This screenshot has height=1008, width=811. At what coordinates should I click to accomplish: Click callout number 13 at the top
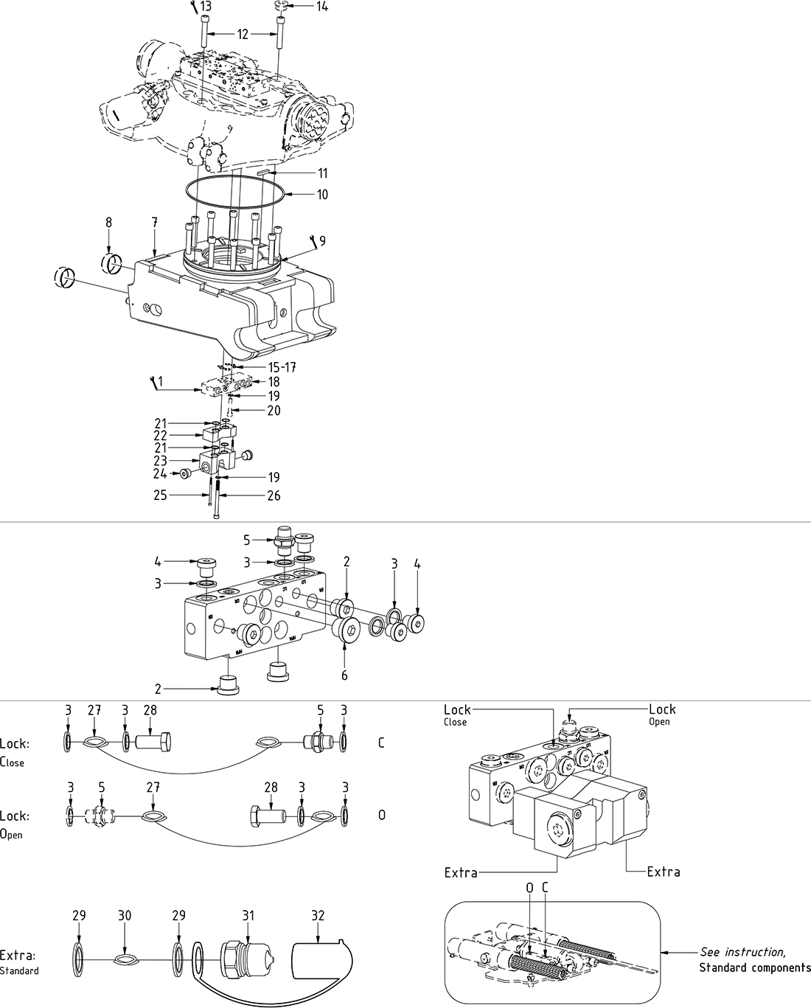[x=205, y=7]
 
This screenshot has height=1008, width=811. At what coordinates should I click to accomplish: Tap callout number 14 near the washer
[x=322, y=7]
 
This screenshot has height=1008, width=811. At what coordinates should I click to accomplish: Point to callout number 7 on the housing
[x=155, y=222]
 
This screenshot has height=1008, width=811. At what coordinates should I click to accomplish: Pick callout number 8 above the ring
[x=109, y=222]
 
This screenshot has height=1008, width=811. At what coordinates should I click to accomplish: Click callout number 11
[x=322, y=173]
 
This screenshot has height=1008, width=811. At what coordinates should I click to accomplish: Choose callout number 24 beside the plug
[x=160, y=473]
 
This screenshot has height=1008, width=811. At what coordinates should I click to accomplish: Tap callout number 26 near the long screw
[x=273, y=496]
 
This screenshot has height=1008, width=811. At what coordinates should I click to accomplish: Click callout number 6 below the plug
[x=344, y=675]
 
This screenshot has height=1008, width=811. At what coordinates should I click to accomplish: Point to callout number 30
[x=125, y=916]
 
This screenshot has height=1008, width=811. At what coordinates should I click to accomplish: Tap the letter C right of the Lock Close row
[x=381, y=743]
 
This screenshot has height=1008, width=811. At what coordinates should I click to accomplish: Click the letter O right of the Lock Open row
[x=381, y=816]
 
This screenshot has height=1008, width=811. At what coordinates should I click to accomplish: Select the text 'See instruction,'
[x=742, y=952]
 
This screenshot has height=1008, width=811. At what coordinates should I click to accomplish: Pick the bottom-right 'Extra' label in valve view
[x=663, y=872]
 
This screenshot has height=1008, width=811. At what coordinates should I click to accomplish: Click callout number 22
[x=161, y=435]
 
